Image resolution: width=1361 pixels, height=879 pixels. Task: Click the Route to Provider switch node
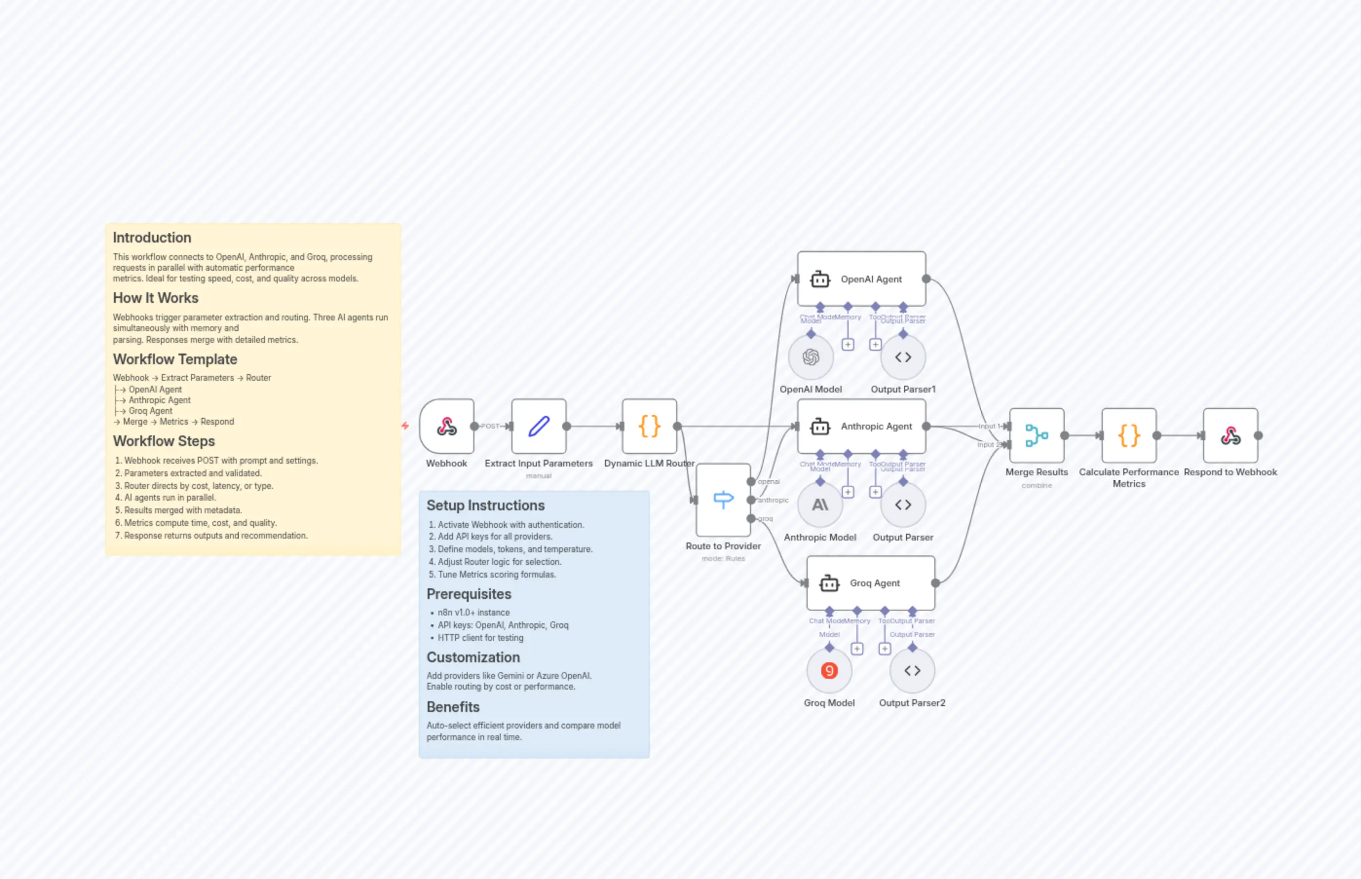[723, 500]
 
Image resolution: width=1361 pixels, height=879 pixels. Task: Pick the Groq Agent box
[870, 583]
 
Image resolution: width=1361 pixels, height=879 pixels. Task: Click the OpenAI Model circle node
[811, 357]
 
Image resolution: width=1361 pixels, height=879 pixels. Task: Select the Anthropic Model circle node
[820, 505]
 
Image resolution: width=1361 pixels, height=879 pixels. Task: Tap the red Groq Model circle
[829, 671]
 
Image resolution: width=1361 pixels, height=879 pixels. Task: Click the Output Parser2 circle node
[912, 671]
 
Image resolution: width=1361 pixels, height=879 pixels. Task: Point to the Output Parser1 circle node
[903, 357]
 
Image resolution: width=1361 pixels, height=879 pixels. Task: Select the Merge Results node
[1036, 435]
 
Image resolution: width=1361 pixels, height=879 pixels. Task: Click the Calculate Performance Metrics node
[1129, 435]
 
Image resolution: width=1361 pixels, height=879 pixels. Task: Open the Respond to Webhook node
[1230, 435]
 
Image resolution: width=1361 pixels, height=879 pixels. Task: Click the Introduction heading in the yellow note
[152, 238]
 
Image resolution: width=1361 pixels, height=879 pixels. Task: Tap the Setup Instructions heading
[485, 505]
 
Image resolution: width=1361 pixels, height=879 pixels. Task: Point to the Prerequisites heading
[469, 594]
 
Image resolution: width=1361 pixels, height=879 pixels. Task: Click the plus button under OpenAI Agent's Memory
[848, 345]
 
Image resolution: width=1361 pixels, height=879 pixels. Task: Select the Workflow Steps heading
[164, 441]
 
